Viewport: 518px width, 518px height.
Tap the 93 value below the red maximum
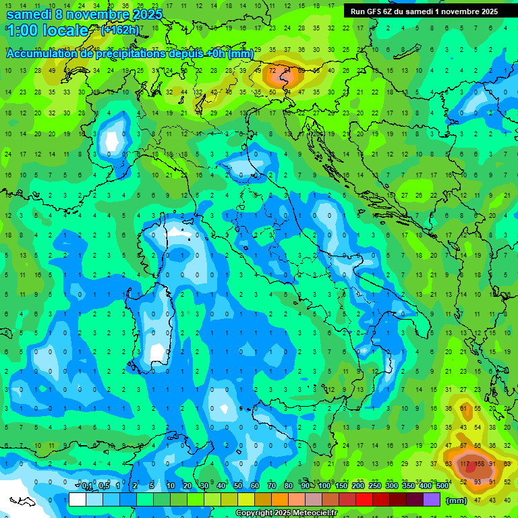[x=478, y=482]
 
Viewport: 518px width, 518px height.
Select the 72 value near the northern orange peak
[x=272, y=69]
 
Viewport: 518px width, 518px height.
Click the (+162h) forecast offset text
[x=119, y=30]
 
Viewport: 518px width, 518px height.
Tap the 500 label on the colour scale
[x=442, y=486]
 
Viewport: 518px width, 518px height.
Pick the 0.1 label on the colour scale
[x=88, y=486]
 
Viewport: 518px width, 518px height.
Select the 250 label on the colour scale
[x=374, y=486]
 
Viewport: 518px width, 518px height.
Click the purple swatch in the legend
[x=432, y=500]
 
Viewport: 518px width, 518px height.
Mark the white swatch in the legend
[x=78, y=500]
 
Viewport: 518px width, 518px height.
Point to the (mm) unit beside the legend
[x=457, y=500]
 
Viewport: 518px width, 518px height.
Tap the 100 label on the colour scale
[x=324, y=486]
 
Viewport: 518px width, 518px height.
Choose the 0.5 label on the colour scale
[x=105, y=486]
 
